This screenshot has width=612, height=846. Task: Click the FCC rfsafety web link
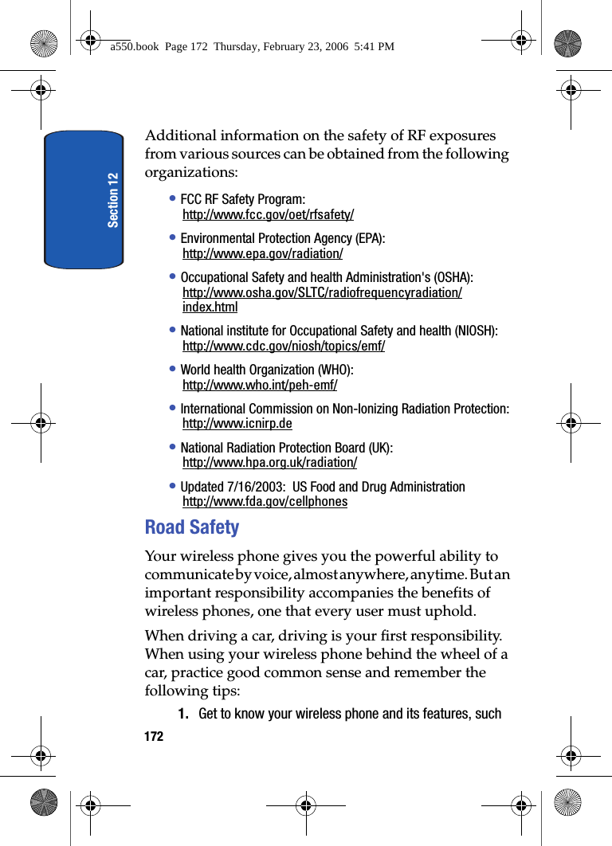pos(268,215)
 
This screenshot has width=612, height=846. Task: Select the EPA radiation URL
pos(262,254)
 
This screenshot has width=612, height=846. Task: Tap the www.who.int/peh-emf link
pos(259,386)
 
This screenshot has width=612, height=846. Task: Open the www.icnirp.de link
pos(237,424)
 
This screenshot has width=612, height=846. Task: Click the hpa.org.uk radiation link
pos(269,463)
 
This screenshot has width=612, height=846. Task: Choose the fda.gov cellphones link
pos(265,502)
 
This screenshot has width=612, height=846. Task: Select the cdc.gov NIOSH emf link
pos(283,347)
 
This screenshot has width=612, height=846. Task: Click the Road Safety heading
pos(192,527)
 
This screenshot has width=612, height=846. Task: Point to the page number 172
pos(154,737)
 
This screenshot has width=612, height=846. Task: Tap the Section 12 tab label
pos(113,199)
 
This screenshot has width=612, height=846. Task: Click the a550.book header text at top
pos(252,47)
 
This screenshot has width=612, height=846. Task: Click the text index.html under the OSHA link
pos(210,307)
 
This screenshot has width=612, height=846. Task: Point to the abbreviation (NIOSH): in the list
pos(474,331)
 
